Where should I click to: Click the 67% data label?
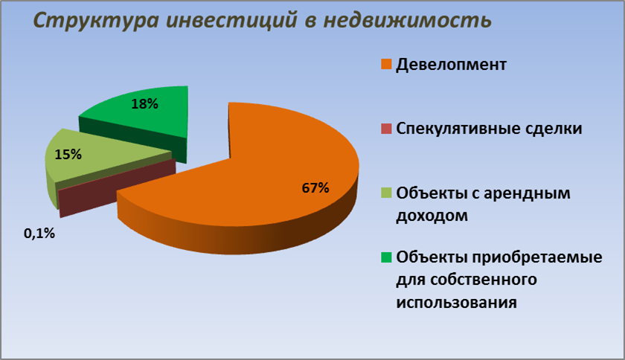(315, 187)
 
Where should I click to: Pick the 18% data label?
(144, 104)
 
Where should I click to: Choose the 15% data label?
(68, 154)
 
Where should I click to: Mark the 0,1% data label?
(39, 234)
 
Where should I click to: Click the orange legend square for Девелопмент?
(386, 64)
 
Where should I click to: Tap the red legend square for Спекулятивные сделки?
(386, 129)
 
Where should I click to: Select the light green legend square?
(386, 193)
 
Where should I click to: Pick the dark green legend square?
(386, 257)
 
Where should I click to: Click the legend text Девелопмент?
(451, 65)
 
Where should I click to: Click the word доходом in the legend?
(432, 216)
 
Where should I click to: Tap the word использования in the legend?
(456, 303)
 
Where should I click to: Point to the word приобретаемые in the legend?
(537, 258)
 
